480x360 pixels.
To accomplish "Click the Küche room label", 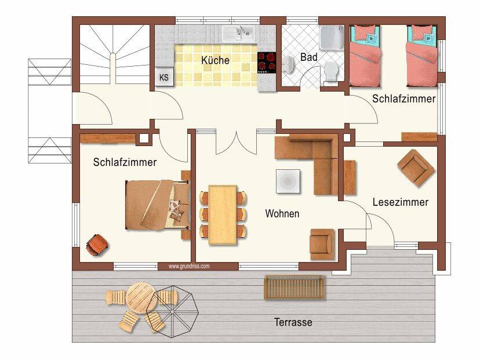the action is [215, 60].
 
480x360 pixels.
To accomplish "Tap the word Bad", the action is [308, 57].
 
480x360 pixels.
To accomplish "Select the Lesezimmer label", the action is [401, 202].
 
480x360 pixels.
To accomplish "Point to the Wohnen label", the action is [282, 213].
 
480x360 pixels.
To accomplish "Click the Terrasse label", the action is [293, 322].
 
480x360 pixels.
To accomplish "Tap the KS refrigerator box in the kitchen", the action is [164, 77].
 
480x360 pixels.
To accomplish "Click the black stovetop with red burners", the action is [267, 63].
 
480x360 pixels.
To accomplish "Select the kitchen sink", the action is [238, 34].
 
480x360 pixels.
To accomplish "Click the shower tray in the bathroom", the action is [332, 37].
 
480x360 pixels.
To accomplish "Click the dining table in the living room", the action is [223, 215].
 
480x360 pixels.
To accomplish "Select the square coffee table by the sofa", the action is [288, 181].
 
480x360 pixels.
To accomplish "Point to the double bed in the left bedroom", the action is [158, 205].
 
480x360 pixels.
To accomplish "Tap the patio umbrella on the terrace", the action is [172, 312].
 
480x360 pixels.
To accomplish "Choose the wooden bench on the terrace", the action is [294, 288].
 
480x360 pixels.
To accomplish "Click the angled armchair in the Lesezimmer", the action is [416, 168].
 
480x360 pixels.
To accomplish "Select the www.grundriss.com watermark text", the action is [189, 266].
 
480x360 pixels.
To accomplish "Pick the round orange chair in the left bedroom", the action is [97, 245].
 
